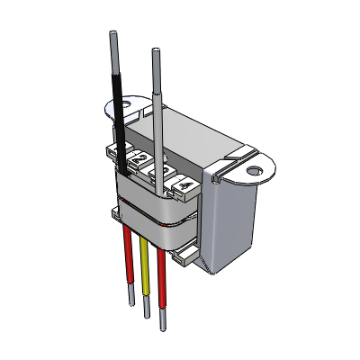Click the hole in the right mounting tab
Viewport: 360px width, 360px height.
pyautogui.click(x=254, y=168)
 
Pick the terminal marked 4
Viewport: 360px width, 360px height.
pyautogui.click(x=184, y=185)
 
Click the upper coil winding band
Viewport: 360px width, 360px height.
pyautogui.click(x=157, y=202)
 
